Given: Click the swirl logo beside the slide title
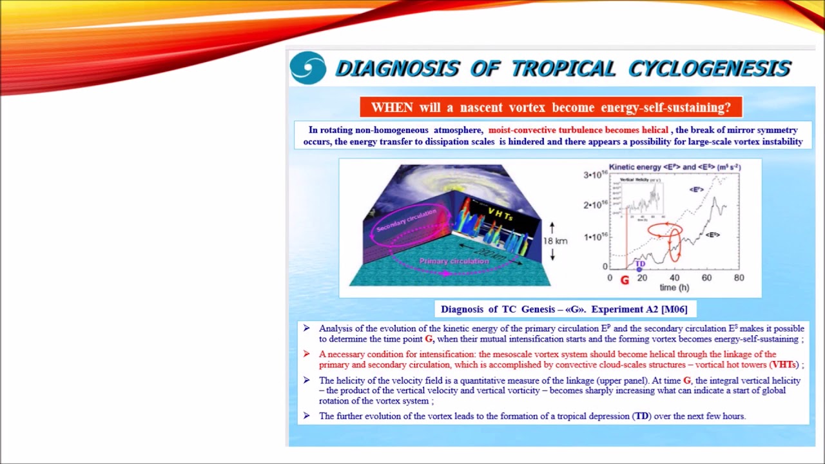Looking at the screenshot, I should tap(308, 68).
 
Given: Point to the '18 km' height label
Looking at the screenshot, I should tap(555, 241).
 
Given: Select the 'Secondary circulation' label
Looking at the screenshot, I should tap(407, 220).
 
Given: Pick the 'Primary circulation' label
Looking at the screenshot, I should tap(454, 261).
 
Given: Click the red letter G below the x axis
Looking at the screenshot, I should tap(624, 280).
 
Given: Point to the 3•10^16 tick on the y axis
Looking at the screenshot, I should tap(596, 175).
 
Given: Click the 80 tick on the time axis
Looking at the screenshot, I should tap(739, 278).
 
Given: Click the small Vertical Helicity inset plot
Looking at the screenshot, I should tap(640, 194).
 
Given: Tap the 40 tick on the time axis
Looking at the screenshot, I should tap(674, 278).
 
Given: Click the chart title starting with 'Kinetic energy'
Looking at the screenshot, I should tap(674, 167).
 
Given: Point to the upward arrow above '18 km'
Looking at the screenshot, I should tap(552, 227).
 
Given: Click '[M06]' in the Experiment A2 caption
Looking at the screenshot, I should tap(674, 309).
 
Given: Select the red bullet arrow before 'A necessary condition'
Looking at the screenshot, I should tap(306, 354).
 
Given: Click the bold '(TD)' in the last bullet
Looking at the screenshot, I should tap(641, 416).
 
